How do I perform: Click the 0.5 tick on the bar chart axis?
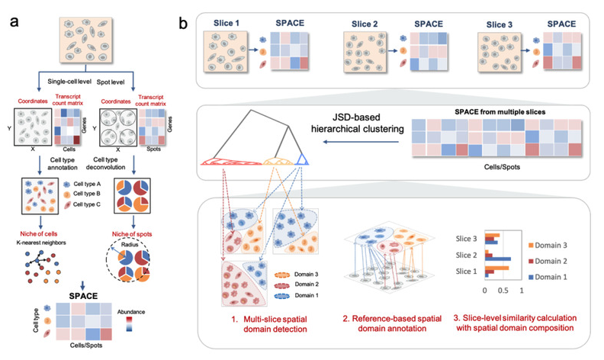(504, 291)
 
